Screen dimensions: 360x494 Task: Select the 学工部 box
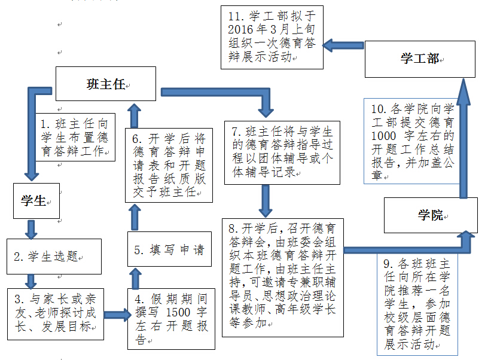(420, 59)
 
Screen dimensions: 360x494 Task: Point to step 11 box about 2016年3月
(272, 36)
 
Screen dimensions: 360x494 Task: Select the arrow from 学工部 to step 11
(344, 45)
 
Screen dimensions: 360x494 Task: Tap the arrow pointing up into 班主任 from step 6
(135, 114)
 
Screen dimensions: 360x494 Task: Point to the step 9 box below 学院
(416, 304)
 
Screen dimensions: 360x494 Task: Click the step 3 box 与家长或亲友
(54, 313)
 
